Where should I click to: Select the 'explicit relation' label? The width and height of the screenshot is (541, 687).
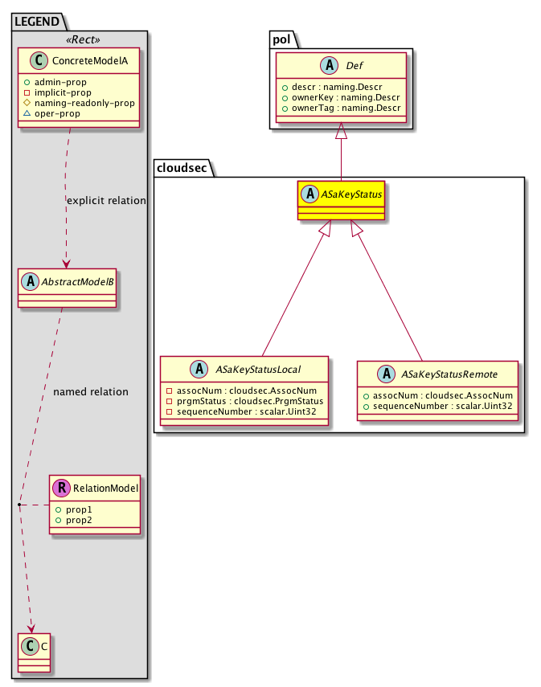click(107, 200)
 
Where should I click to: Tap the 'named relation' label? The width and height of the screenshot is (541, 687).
click(90, 392)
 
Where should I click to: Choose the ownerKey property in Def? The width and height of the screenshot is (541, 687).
click(342, 97)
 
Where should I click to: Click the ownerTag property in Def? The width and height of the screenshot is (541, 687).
click(342, 108)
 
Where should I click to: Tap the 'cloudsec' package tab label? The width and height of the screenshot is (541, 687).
click(182, 166)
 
